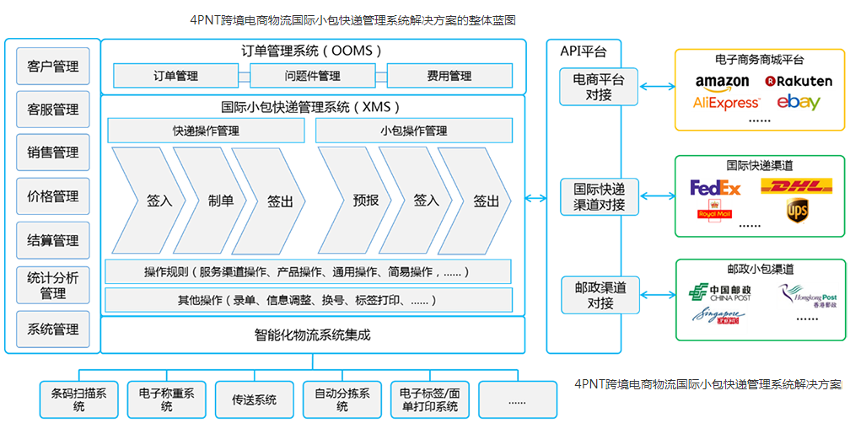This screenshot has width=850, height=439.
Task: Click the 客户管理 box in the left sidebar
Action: (53, 66)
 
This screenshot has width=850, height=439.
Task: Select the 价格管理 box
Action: (53, 196)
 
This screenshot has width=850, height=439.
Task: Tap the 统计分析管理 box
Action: (53, 284)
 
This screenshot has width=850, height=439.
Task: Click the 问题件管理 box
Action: (313, 76)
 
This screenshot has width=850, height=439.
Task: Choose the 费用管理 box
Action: (449, 76)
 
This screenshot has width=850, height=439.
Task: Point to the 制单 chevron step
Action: (221, 201)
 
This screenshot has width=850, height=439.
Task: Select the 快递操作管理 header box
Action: (206, 131)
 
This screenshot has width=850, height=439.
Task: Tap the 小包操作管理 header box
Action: (413, 131)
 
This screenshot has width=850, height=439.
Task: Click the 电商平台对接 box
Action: (600, 87)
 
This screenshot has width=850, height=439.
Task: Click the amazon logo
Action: (722, 82)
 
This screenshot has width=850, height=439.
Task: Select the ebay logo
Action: (799, 102)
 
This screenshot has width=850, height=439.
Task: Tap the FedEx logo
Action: (715, 187)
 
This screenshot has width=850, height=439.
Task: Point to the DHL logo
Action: (796, 185)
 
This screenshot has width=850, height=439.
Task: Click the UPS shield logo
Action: (797, 210)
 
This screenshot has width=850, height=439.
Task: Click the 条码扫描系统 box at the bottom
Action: (79, 399)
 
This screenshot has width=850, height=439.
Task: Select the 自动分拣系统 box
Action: (342, 399)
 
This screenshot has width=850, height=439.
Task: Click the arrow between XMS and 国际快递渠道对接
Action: (535, 199)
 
